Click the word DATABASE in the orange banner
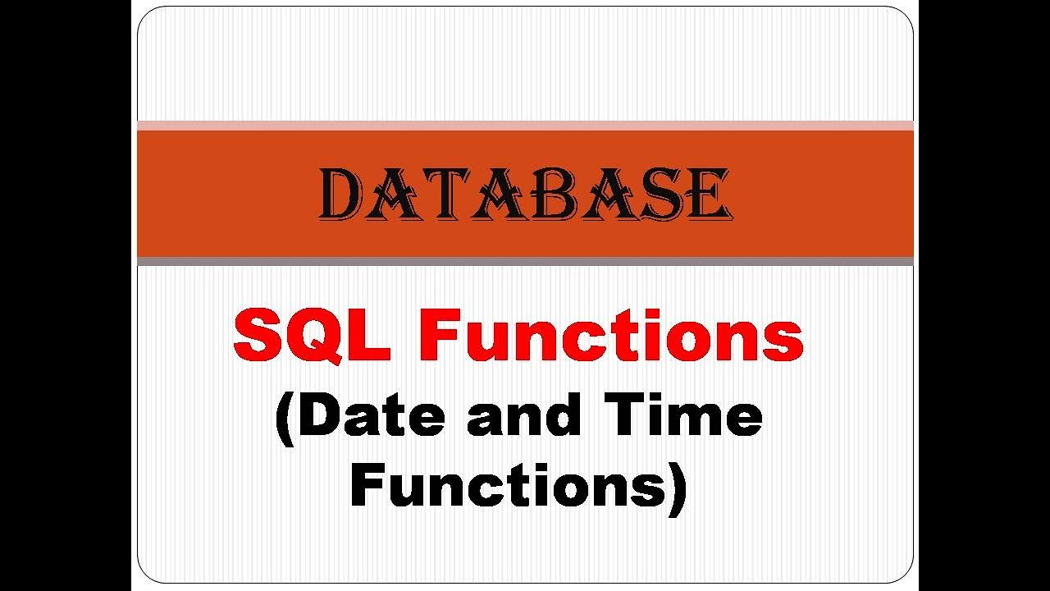[x=525, y=195]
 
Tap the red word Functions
[x=611, y=337]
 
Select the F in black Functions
[x=369, y=485]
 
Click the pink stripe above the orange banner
[x=525, y=126]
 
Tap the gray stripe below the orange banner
[x=525, y=261]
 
